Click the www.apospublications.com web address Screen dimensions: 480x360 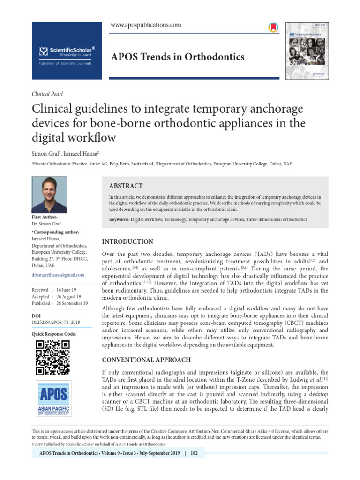point(145,25)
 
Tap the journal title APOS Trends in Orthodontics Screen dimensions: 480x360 point(177,57)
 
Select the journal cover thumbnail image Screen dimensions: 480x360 point(307,51)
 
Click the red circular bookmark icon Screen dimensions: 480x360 point(273,28)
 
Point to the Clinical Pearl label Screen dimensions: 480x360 point(47,94)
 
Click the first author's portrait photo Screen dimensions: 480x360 point(50,195)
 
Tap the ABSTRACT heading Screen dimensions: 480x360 point(126,186)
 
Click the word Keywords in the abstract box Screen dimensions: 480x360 point(119,219)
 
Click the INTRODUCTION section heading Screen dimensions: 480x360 point(127,242)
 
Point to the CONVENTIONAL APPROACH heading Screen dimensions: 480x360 point(146,360)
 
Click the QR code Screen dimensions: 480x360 point(52,358)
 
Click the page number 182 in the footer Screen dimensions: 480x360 point(194,454)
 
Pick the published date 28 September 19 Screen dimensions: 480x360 point(72,303)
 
